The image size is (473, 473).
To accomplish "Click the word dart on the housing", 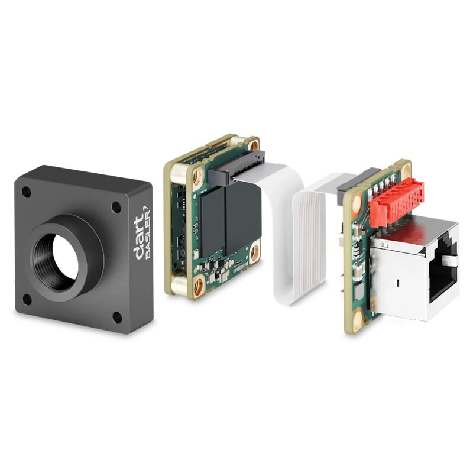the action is [138, 238].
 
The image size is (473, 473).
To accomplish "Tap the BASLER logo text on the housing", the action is [148, 232].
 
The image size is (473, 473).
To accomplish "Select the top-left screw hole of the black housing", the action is [26, 192].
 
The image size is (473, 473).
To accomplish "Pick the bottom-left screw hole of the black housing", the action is [27, 299].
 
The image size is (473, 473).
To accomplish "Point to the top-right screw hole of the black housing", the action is [116, 207].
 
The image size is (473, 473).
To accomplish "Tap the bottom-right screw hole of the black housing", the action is [117, 317].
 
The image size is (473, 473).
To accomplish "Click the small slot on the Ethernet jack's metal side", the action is [398, 284].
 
